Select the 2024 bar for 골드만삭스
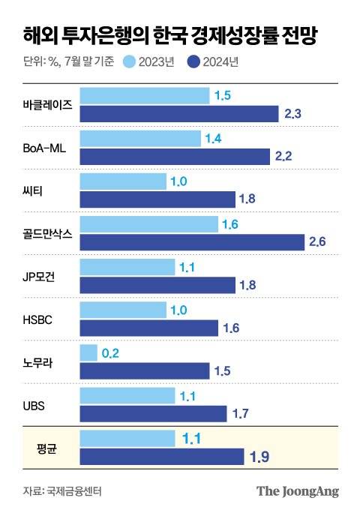point(192,242)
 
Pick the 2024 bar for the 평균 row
point(161,457)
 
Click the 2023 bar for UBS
point(127,395)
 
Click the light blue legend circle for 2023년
point(130,61)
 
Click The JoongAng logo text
point(298,491)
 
